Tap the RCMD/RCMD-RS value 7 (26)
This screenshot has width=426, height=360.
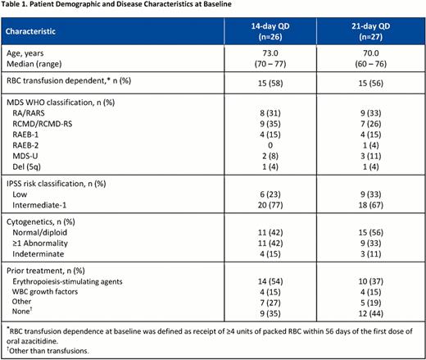[373, 123]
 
